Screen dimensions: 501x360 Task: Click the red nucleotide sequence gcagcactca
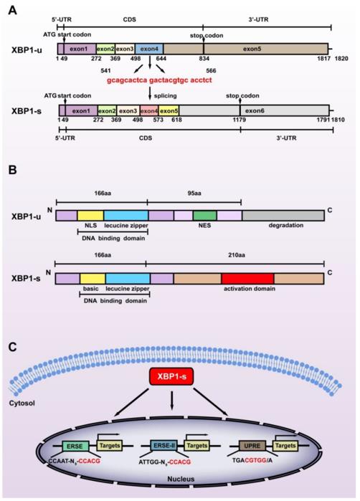pos(127,81)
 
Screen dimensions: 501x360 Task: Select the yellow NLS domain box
pos(90,214)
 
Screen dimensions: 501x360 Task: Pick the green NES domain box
pos(204,214)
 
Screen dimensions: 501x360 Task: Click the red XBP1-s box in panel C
pos(179,377)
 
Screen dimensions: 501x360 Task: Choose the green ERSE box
pos(74,445)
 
